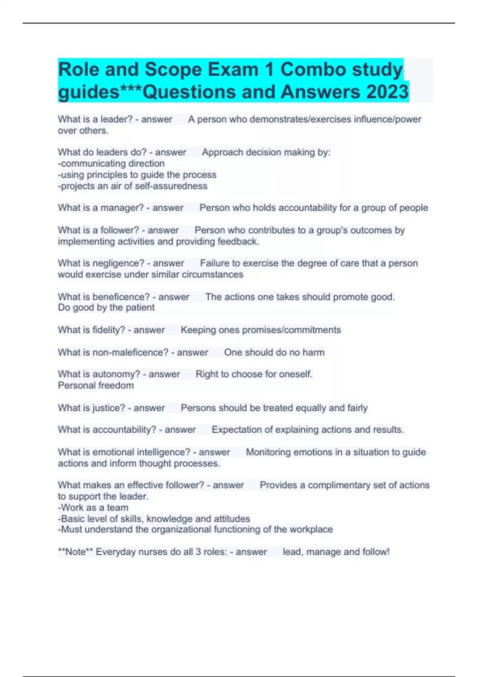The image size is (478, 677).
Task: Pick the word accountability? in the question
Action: pos(124,429)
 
